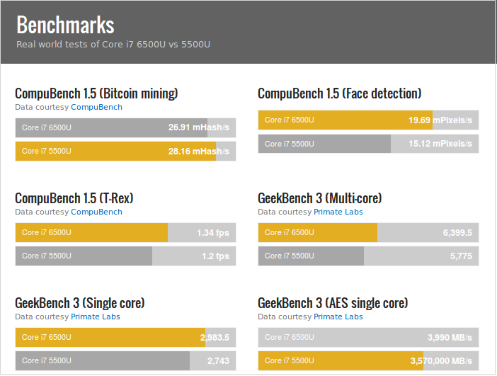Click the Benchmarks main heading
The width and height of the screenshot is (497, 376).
65,25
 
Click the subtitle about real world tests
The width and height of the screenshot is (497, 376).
113,44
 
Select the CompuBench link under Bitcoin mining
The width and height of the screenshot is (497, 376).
96,107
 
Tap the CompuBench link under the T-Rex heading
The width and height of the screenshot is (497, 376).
96,212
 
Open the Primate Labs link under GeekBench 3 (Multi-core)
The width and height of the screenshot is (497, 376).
338,212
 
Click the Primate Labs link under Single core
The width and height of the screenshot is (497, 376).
95,317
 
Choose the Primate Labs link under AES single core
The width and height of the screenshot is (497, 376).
338,317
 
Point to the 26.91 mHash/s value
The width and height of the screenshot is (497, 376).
198,128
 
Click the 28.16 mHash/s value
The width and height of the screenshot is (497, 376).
198,152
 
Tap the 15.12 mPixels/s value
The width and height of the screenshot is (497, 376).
440,144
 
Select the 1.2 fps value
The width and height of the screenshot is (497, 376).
215,256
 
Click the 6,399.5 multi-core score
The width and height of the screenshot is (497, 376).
457,233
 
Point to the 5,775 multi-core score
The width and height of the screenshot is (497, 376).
461,256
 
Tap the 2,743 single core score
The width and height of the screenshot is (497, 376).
218,361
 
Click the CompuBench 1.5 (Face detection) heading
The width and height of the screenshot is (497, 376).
339,93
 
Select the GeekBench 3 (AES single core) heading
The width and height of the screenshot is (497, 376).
333,303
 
